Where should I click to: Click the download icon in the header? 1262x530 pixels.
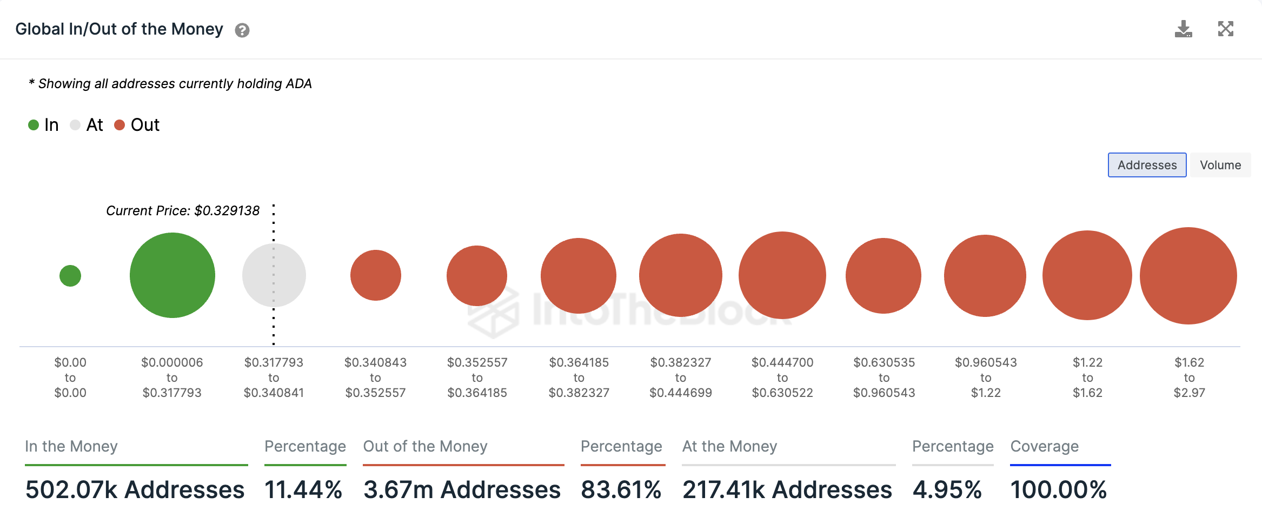1183,29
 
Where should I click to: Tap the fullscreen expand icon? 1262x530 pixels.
1225,29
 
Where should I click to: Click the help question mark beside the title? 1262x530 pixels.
242,30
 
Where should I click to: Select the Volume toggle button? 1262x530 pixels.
1220,165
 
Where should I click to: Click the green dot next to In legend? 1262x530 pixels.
34,125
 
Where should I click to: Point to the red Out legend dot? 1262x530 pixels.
119,125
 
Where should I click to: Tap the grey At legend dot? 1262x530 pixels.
75,125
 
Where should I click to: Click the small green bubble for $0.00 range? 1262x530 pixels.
70,276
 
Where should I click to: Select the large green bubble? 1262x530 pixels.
172,275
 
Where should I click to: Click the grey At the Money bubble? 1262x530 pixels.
274,275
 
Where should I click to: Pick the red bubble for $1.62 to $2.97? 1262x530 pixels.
1188,276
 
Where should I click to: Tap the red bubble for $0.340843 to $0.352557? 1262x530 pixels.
376,275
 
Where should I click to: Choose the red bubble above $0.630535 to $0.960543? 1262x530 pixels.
884,276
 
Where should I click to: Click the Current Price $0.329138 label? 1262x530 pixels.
183,210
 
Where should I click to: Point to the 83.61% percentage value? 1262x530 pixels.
621,490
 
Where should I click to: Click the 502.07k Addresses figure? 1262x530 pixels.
135,490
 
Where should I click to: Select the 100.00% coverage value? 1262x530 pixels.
1058,490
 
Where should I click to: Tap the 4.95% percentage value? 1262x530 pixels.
947,490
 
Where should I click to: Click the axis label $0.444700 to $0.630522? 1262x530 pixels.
782,377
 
